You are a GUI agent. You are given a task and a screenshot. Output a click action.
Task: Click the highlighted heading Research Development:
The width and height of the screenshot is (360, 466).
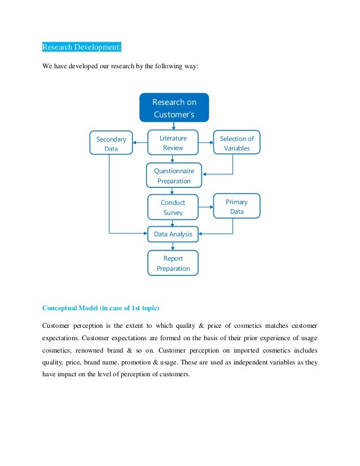78,46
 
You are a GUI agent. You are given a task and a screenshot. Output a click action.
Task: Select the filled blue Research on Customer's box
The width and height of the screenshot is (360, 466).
174,108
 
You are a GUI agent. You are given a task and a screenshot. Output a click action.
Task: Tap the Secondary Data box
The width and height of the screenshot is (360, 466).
111,143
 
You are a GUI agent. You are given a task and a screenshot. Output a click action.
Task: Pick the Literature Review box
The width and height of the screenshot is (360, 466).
173,143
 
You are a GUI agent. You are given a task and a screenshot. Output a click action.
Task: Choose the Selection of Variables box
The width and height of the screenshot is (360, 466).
236,143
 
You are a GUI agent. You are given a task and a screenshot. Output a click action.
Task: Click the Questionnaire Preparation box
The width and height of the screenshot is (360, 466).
174,175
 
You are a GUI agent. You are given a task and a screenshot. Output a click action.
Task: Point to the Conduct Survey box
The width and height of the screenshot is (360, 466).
173,207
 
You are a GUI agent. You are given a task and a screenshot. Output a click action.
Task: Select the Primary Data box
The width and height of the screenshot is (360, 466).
236,206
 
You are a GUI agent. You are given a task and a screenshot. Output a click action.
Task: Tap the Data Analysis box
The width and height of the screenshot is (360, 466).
173,234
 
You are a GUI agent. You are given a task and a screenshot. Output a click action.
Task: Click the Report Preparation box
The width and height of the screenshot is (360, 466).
173,263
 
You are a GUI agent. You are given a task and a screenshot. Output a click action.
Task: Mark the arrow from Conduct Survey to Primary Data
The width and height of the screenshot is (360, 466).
206,207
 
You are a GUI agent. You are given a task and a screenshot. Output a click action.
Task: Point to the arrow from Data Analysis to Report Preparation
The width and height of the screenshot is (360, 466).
173,246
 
